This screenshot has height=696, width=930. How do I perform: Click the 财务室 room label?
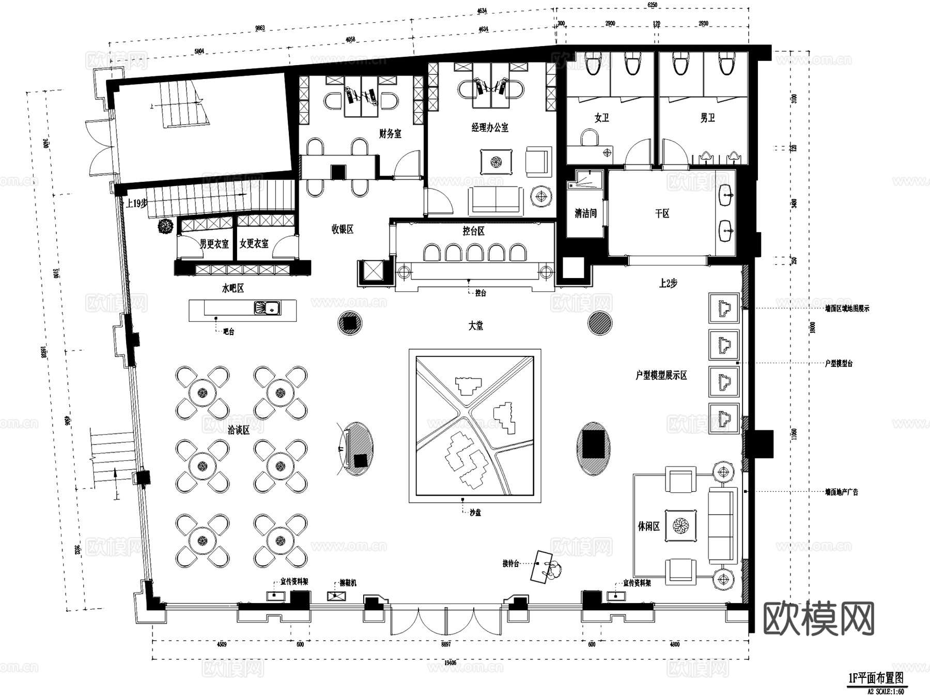click(390, 134)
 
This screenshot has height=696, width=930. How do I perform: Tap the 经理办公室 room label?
click(490, 127)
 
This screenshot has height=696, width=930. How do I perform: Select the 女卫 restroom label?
click(601, 118)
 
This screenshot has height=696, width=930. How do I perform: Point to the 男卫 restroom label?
click(707, 118)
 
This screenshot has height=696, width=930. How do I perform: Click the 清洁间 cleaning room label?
click(585, 213)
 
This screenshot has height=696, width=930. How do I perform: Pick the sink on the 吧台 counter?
click(267, 308)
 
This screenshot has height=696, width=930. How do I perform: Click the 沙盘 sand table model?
click(475, 425)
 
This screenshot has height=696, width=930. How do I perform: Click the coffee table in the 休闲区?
click(680, 526)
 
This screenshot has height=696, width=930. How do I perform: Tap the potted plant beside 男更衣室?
click(165, 227)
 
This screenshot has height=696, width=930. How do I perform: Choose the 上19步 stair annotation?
click(137, 203)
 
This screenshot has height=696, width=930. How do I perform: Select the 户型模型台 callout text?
click(838, 364)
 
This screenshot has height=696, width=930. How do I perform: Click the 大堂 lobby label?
click(475, 326)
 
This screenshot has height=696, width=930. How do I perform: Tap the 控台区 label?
click(473, 231)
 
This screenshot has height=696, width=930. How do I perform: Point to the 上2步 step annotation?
click(668, 283)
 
